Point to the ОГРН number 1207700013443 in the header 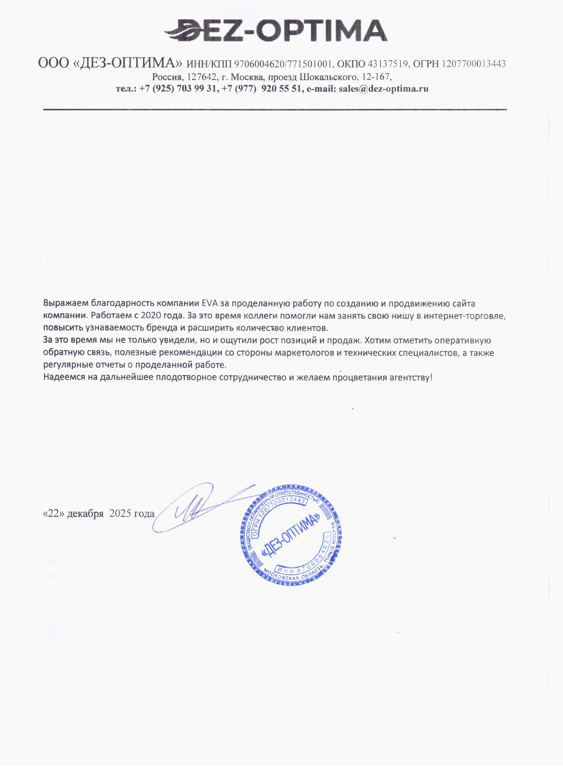click(474, 64)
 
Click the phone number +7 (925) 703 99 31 click(178, 89)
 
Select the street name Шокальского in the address click(328, 77)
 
